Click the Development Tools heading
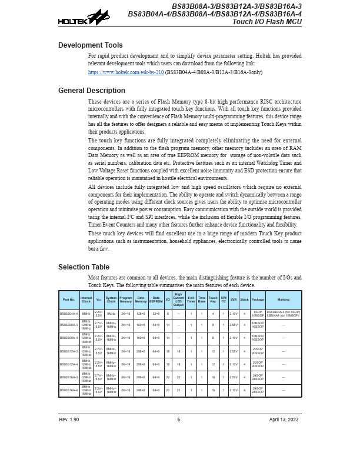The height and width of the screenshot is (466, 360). click(x=90, y=45)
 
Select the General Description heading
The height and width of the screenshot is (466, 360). click(x=91, y=91)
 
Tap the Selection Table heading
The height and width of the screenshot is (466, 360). click(x=84, y=267)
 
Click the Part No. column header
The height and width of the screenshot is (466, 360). click(x=69, y=299)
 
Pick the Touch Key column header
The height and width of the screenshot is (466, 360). click(x=213, y=299)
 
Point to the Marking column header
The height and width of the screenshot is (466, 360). click(x=284, y=299)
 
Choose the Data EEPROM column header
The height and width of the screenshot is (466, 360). click(x=156, y=299)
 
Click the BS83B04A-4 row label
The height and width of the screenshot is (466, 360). click(x=69, y=314)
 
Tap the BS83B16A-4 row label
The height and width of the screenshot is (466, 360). click(x=69, y=390)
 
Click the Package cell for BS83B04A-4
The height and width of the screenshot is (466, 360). click(x=258, y=314)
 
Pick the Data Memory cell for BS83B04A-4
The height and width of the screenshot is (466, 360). click(x=141, y=314)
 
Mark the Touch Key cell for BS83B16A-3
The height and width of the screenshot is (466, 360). click(x=213, y=377)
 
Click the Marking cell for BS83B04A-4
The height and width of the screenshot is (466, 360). click(x=284, y=314)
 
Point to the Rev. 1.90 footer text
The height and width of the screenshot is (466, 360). click(x=69, y=420)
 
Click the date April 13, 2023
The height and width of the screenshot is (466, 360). click(x=284, y=420)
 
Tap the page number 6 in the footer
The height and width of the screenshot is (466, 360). click(x=179, y=420)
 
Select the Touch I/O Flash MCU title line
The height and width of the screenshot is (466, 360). click(x=267, y=22)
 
